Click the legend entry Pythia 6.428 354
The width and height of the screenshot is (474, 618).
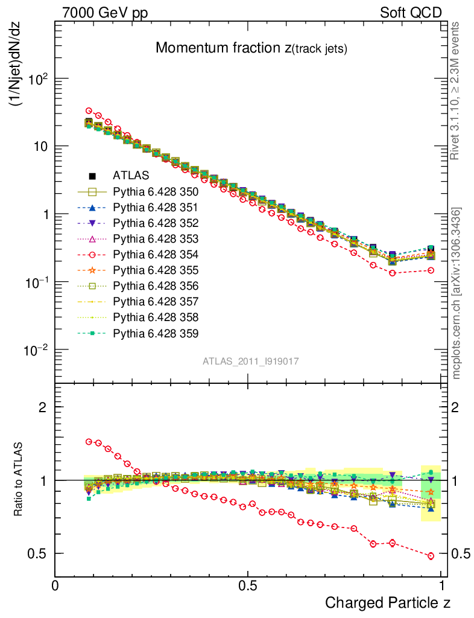156,255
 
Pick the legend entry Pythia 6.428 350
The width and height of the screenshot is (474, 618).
156,192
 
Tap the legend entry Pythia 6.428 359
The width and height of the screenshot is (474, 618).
156,333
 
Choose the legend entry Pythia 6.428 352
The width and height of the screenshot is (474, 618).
156,223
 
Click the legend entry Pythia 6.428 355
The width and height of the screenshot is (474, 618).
156,270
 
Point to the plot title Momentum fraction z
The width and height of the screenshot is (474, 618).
251,48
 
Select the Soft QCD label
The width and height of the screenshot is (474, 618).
410,12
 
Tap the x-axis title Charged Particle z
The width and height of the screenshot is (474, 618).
388,602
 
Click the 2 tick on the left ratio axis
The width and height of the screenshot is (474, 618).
43,407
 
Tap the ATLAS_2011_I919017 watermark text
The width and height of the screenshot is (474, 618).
251,361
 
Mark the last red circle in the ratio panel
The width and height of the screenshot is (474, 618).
431,556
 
